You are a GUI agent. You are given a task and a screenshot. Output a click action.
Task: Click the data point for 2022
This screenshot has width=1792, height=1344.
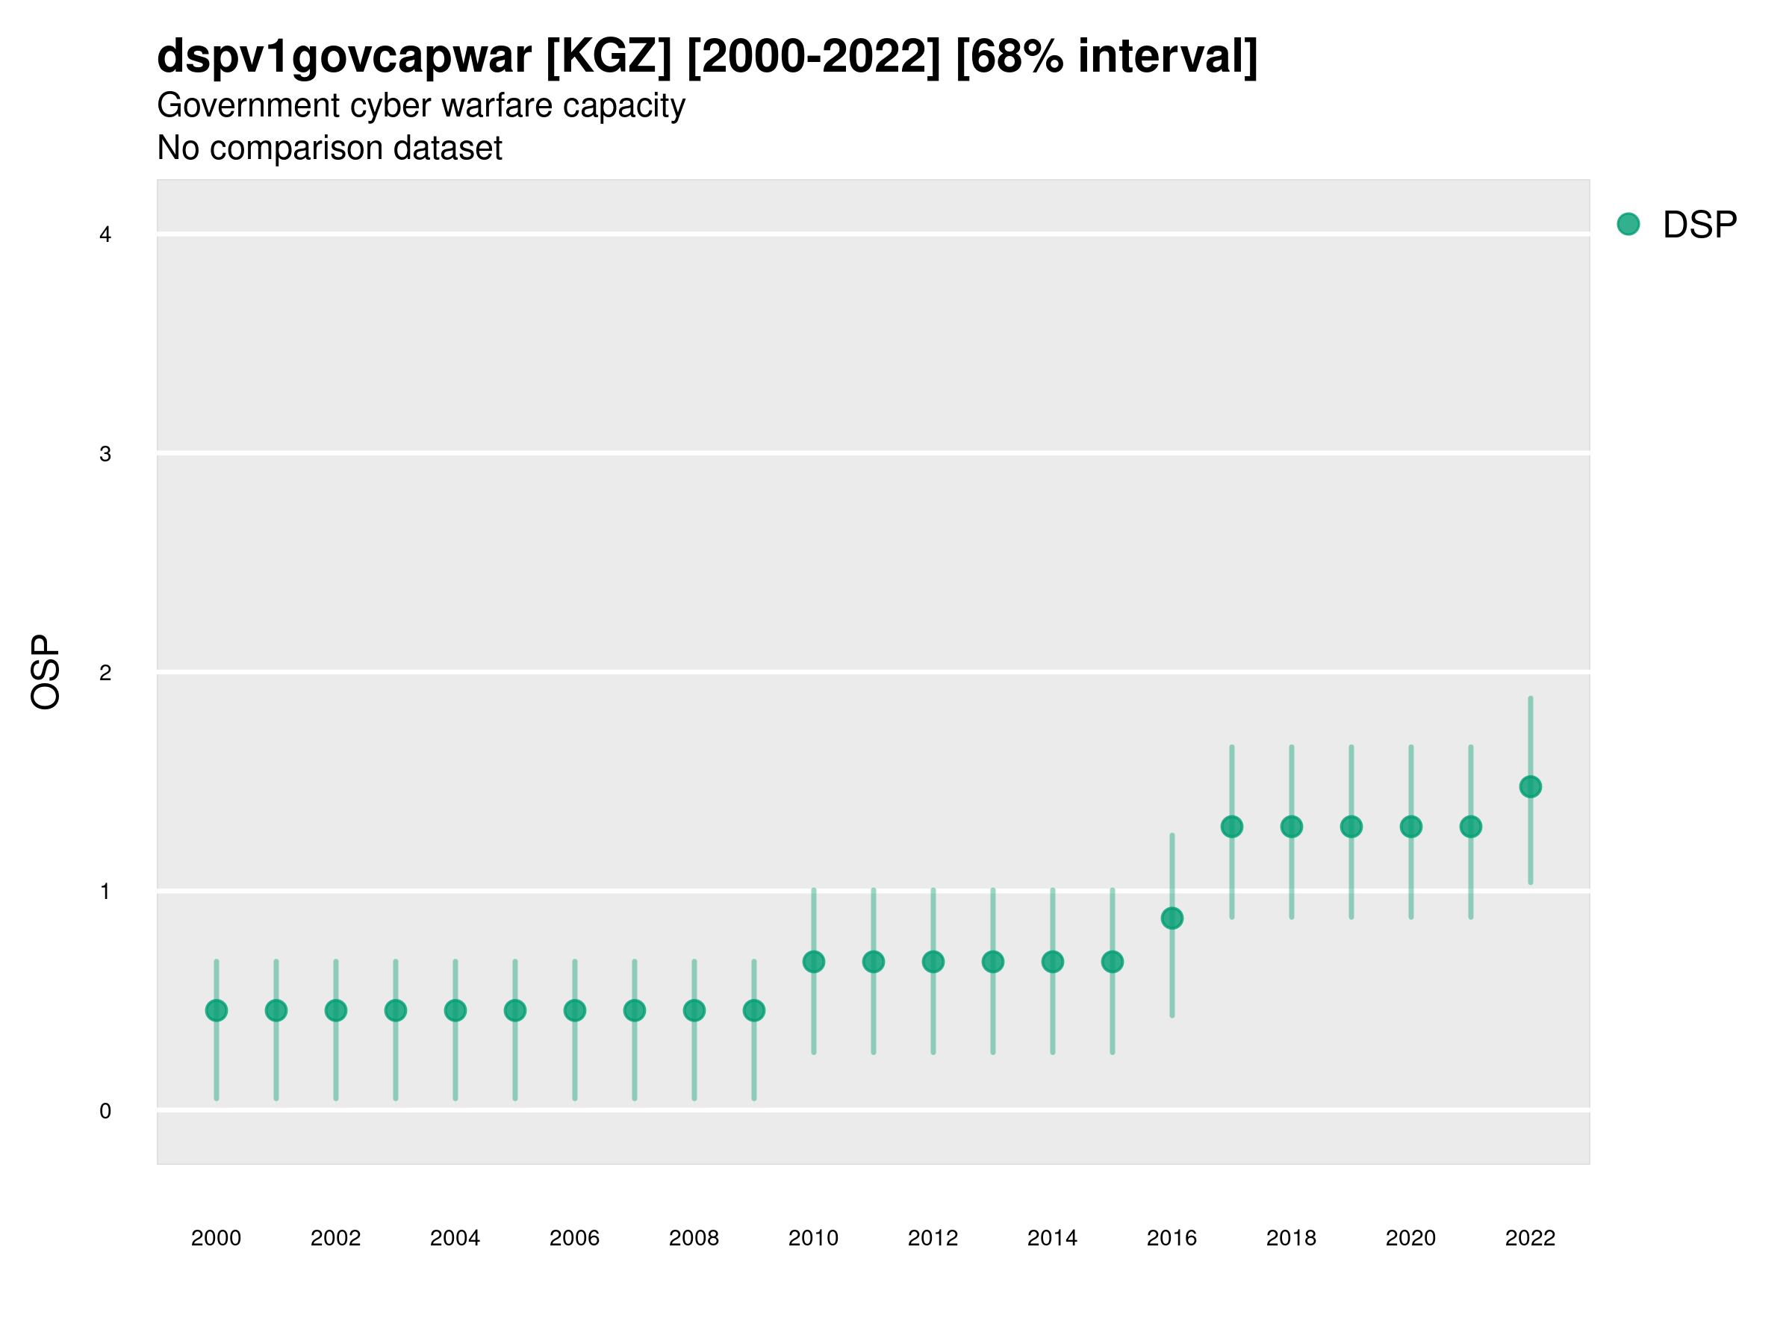(1531, 787)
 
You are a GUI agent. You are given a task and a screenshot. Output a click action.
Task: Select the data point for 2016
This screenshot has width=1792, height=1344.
(1172, 918)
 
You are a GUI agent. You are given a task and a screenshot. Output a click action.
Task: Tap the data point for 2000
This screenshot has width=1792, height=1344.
(217, 1010)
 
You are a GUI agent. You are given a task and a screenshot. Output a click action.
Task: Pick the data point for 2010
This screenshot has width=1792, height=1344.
(813, 962)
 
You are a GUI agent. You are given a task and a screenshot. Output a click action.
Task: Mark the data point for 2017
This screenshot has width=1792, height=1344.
(1231, 827)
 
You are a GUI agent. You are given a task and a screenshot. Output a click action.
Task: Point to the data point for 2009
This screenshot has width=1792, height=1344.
(753, 1010)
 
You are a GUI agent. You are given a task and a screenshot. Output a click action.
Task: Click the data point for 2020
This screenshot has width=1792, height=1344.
(1410, 827)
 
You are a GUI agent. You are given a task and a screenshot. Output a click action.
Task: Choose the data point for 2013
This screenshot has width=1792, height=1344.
(992, 962)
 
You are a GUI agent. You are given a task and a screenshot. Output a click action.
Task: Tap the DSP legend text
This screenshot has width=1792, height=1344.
(1699, 225)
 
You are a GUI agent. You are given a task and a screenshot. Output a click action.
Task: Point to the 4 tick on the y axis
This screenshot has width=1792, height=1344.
(105, 235)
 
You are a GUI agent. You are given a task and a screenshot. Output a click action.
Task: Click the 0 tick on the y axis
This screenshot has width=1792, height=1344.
(105, 1111)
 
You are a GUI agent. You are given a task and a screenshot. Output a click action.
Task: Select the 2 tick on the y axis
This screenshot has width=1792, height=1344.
(105, 673)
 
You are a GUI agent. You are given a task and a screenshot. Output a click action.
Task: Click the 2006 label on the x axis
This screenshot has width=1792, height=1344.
(574, 1238)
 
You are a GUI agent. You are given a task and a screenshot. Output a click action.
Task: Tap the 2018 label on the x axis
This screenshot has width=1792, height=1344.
(1291, 1238)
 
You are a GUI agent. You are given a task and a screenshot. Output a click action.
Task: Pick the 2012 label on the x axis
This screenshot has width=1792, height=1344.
(933, 1238)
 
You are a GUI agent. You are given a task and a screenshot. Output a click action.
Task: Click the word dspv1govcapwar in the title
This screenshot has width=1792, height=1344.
(344, 57)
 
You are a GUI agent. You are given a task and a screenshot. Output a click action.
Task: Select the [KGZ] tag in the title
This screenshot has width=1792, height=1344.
(609, 57)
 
